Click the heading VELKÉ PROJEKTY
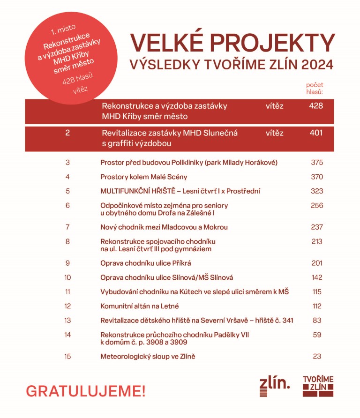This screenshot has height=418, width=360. pos(232,43)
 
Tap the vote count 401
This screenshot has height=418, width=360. pos(316,133)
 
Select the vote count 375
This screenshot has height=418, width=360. pos(317,163)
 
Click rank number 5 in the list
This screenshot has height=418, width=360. pos(68,191)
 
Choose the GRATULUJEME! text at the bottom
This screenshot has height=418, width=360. pos(86,390)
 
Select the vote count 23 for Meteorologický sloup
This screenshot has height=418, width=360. pos(317,357)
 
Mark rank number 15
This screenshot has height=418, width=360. pos(68,357)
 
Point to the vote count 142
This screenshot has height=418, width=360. pos(317,277)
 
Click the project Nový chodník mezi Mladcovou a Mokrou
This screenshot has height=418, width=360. pos(164,227)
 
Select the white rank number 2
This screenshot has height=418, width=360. pos(68,133)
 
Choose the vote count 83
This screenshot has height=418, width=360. pos(317,320)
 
